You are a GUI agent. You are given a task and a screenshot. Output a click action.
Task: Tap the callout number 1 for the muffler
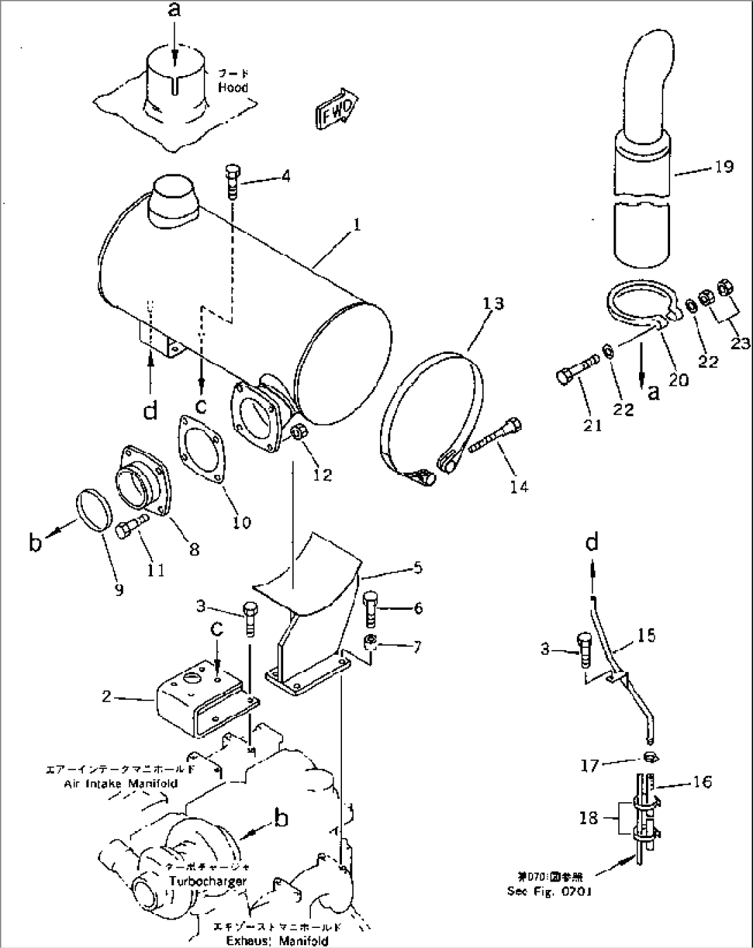click(356, 225)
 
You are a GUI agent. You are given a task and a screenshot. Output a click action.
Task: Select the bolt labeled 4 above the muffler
click(231, 180)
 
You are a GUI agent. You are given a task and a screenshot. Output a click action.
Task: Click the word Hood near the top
click(233, 88)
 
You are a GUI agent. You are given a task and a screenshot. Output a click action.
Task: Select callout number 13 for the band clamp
click(493, 304)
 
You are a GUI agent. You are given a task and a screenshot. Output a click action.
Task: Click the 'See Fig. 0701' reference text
click(549, 891)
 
